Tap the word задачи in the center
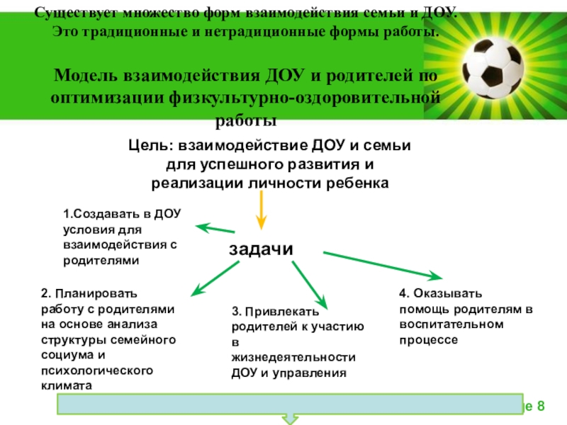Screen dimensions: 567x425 pos(261,249)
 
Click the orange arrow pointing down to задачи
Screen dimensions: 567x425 pos(261,209)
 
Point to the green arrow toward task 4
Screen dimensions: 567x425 pos(382,264)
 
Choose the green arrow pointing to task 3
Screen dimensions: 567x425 pos(308,283)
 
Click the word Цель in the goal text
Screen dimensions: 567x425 pos(151,146)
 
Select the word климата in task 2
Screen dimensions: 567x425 pos(67,387)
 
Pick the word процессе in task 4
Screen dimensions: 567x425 pos(428,340)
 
